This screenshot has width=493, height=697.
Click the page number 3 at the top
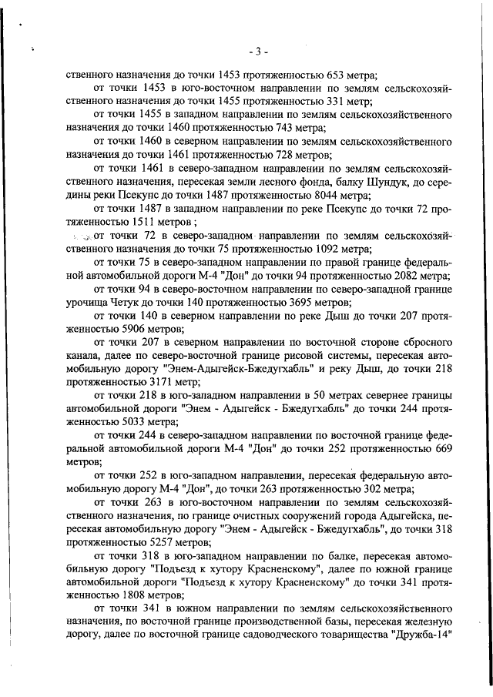pyautogui.click(x=259, y=52)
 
